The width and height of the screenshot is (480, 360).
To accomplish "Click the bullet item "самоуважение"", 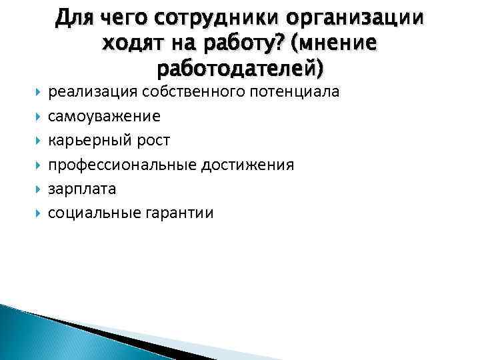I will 104,117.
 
